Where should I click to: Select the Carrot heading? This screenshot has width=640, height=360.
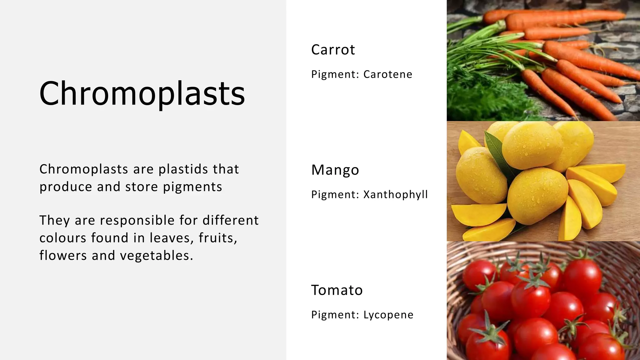pyautogui.click(x=333, y=50)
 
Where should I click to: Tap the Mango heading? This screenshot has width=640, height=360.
pyautogui.click(x=335, y=170)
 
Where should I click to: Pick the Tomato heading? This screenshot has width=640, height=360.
pyautogui.click(x=337, y=290)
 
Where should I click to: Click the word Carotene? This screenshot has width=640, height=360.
pyautogui.click(x=387, y=74)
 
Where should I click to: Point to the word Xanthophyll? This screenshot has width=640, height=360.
pyautogui.click(x=395, y=194)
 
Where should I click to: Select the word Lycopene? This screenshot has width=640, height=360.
pyautogui.click(x=388, y=315)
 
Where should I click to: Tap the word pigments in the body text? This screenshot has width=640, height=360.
pyautogui.click(x=192, y=187)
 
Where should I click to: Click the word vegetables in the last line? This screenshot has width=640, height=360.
pyautogui.click(x=157, y=256)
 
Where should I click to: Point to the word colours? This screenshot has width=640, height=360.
pyautogui.click(x=62, y=238)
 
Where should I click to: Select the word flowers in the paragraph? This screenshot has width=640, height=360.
pyautogui.click(x=62, y=256)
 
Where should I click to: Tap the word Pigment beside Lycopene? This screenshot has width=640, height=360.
pyautogui.click(x=335, y=315)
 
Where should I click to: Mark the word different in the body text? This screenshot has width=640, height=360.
pyautogui.click(x=230, y=220)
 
